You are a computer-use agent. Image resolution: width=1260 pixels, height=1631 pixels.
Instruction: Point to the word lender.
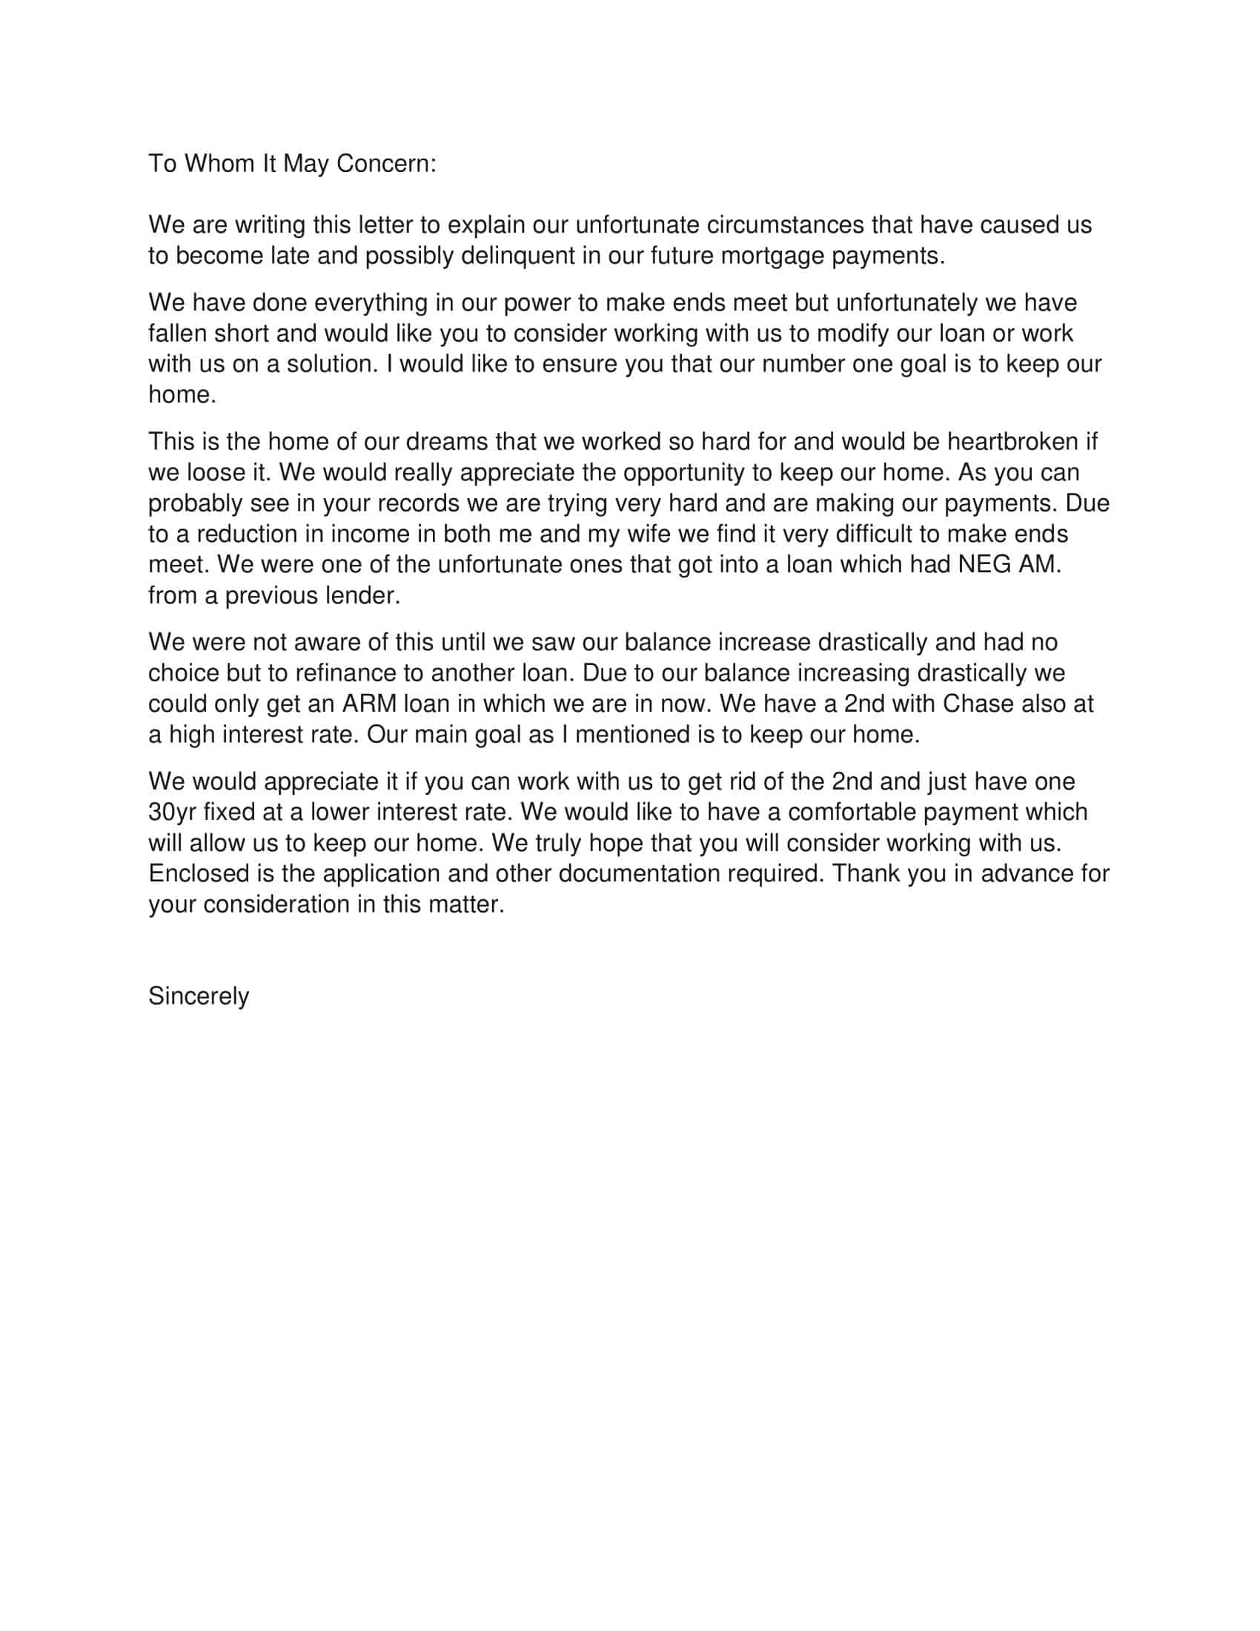click(363, 596)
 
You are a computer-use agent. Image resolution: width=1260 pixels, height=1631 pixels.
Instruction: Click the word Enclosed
click(198, 874)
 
